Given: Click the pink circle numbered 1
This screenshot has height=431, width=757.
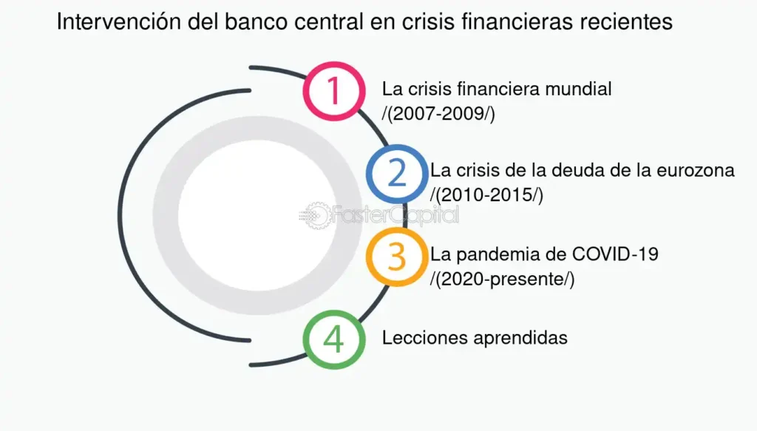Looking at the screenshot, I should (x=333, y=92).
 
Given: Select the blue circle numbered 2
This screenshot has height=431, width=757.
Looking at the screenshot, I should (x=397, y=174).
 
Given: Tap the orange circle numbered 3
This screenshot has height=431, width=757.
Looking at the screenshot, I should (x=397, y=257).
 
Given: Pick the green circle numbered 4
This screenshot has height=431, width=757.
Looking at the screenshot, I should (x=334, y=339).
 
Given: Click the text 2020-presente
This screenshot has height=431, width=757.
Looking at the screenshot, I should (x=502, y=279).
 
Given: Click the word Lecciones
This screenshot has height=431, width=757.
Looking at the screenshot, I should (x=418, y=338).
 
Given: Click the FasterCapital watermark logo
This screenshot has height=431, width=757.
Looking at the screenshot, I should (x=378, y=215).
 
